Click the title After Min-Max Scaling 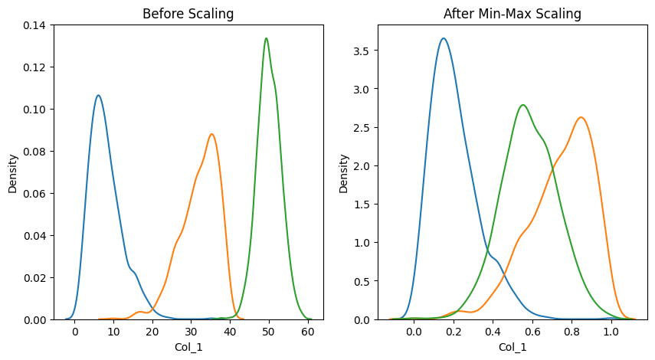pos(513,14)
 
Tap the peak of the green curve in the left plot pos(266,38)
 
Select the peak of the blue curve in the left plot pos(98,96)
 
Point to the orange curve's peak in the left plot pos(211,135)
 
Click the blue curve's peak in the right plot pos(444,38)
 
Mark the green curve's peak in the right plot pos(522,105)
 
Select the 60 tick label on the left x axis pos(307,332)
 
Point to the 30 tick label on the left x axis pos(191,332)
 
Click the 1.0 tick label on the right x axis pos(611,332)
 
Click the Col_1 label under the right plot pos(513,347)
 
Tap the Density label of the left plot pos(13,172)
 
